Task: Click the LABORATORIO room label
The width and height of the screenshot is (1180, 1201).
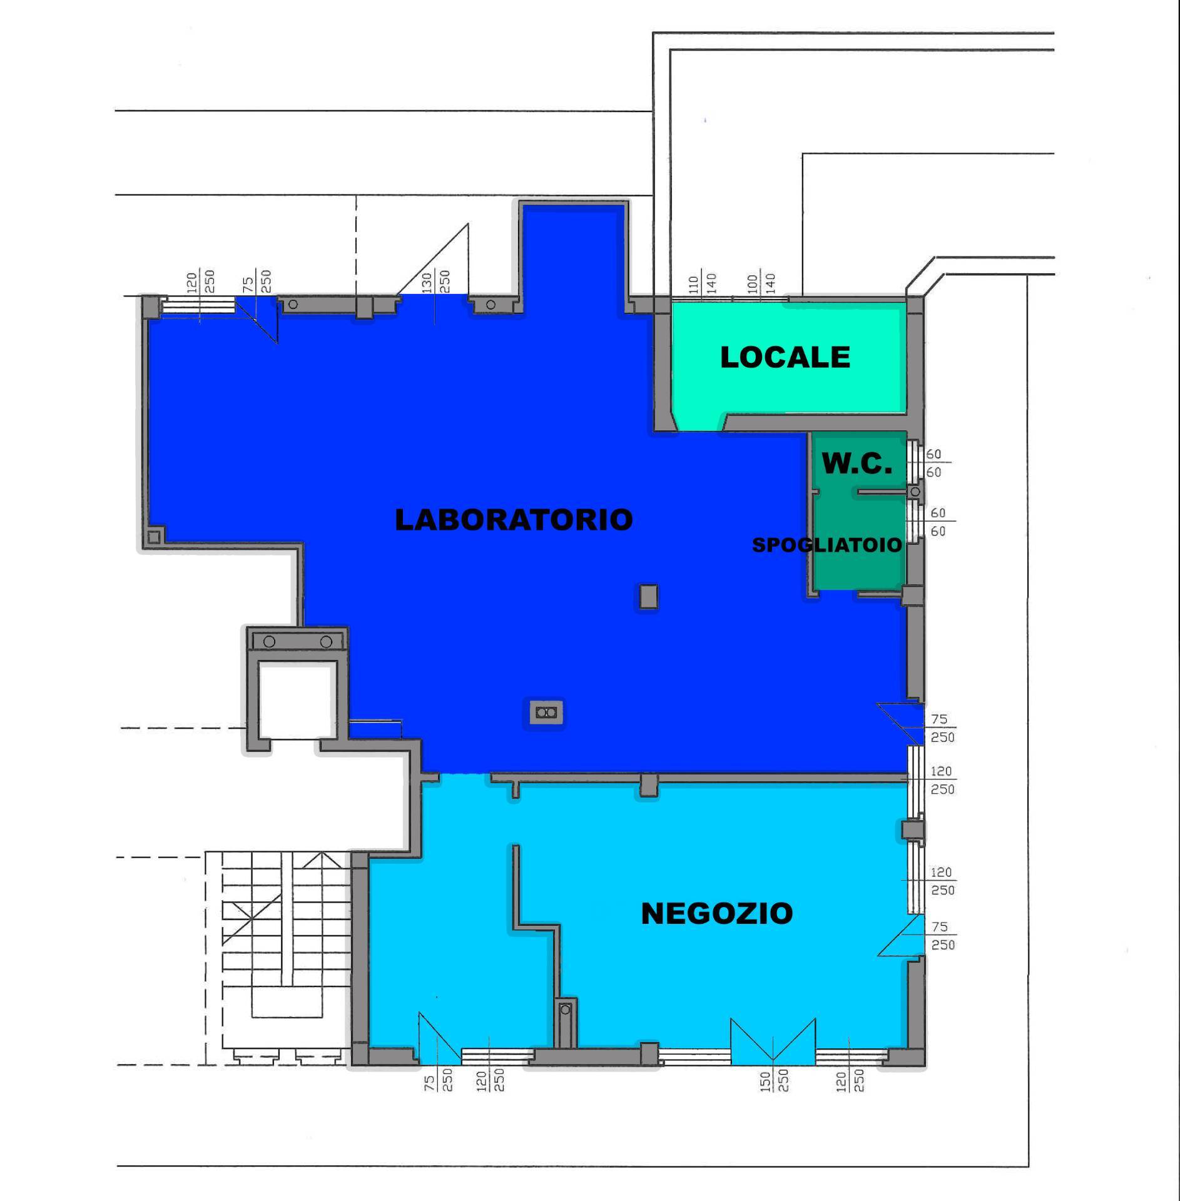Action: click(513, 520)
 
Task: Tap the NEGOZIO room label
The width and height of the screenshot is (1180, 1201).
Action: click(717, 914)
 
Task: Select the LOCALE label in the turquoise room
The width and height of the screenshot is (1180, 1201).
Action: click(785, 357)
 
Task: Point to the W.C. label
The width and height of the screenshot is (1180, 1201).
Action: click(857, 464)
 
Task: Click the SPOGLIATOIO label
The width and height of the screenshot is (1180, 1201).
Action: click(827, 545)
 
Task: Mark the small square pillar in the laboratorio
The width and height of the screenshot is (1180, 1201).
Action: click(648, 597)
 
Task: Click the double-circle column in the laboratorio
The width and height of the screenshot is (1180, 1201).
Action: click(546, 712)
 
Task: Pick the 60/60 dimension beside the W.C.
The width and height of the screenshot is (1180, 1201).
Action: click(933, 464)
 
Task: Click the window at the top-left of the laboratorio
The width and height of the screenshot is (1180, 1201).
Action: click(198, 305)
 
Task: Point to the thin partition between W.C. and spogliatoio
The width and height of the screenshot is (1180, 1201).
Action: click(882, 492)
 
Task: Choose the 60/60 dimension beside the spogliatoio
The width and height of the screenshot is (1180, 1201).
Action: click(938, 522)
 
